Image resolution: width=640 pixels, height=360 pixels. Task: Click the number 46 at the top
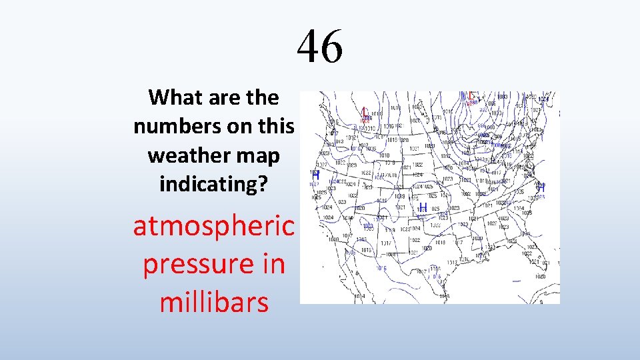[x=320, y=47]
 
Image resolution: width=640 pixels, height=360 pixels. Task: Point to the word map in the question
[x=261, y=155]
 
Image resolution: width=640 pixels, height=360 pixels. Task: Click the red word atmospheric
[x=213, y=227]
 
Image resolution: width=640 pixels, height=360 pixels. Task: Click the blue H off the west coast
[x=315, y=175]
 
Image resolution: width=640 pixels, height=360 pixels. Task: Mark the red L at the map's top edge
[x=471, y=95]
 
